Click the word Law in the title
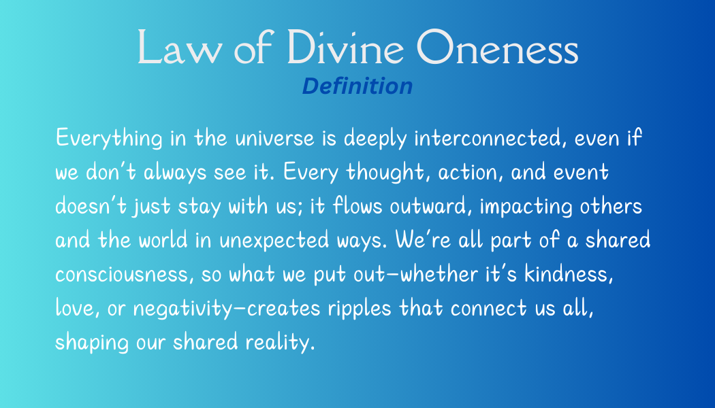coord(178,47)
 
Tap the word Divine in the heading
coord(345,46)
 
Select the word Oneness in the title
coord(498,47)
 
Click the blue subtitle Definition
coord(357,86)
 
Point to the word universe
coord(275,138)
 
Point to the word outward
coord(430,206)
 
